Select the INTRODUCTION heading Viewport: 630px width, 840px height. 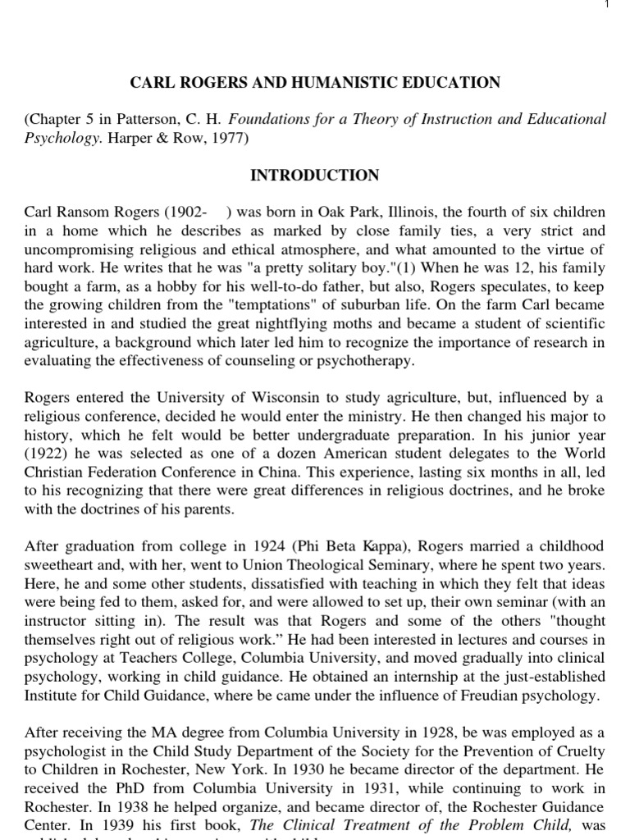click(315, 176)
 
